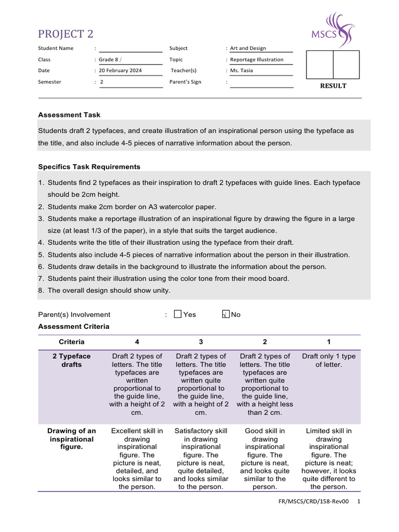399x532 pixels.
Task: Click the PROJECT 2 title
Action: pos(65,34)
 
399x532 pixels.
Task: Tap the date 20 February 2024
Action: pos(121,71)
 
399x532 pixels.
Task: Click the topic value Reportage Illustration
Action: pos(257,60)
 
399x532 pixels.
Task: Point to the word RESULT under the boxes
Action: pos(333,86)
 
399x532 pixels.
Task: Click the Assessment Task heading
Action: pos(69,115)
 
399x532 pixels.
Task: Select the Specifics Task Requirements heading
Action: pos(89,167)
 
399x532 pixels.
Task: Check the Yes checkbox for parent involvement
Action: pos(178,314)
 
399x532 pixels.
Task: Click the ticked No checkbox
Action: pos(225,314)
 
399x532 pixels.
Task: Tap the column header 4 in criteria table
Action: pos(137,342)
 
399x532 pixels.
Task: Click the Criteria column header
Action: pos(72,342)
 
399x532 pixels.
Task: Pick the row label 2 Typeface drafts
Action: pos(72,361)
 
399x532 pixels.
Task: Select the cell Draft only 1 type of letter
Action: pos(328,361)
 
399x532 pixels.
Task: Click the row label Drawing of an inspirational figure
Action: pos(72,439)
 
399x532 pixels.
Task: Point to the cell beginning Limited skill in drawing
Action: pos(328,459)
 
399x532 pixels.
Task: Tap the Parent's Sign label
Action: pos(185,82)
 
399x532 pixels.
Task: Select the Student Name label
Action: pos(56,48)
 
